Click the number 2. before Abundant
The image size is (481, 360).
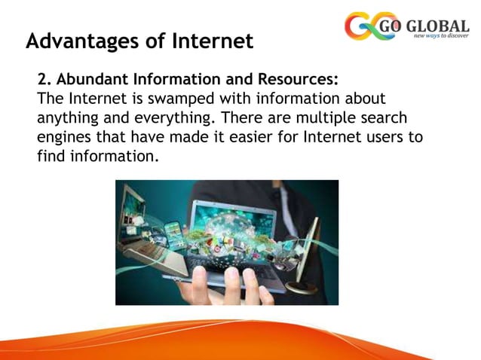pyautogui.click(x=43, y=81)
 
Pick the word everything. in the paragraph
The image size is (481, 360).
pyautogui.click(x=159, y=120)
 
